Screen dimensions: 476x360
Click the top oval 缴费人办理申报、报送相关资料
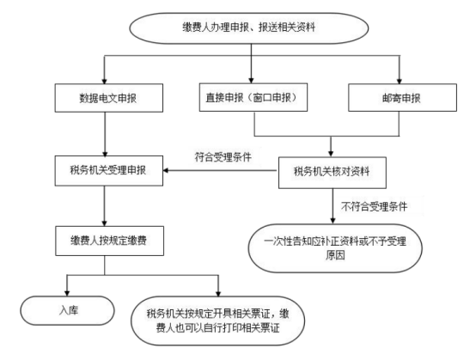249,28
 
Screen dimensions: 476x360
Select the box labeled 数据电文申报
108,98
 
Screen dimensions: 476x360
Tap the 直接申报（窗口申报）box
253,97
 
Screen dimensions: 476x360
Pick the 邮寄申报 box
402,97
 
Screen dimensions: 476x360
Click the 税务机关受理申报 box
108,171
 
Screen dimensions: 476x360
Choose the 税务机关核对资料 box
333,173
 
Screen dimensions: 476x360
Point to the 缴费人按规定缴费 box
109,241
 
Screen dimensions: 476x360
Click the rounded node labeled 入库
67,310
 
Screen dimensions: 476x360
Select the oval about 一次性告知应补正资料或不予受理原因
335,248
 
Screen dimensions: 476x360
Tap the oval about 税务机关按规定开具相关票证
217,320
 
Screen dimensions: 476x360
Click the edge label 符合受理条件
223,157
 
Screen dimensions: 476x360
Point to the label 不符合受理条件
374,207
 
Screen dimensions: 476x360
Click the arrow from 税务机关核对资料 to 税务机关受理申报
221,170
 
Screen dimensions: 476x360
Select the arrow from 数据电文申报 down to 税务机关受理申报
105,134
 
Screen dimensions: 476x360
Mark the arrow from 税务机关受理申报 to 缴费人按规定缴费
105,206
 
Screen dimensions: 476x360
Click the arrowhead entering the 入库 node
67,293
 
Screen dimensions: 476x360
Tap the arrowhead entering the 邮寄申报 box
400,81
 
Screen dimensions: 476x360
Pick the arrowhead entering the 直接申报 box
251,81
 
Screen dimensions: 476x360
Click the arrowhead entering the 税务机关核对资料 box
331,154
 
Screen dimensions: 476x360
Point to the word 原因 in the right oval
335,255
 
